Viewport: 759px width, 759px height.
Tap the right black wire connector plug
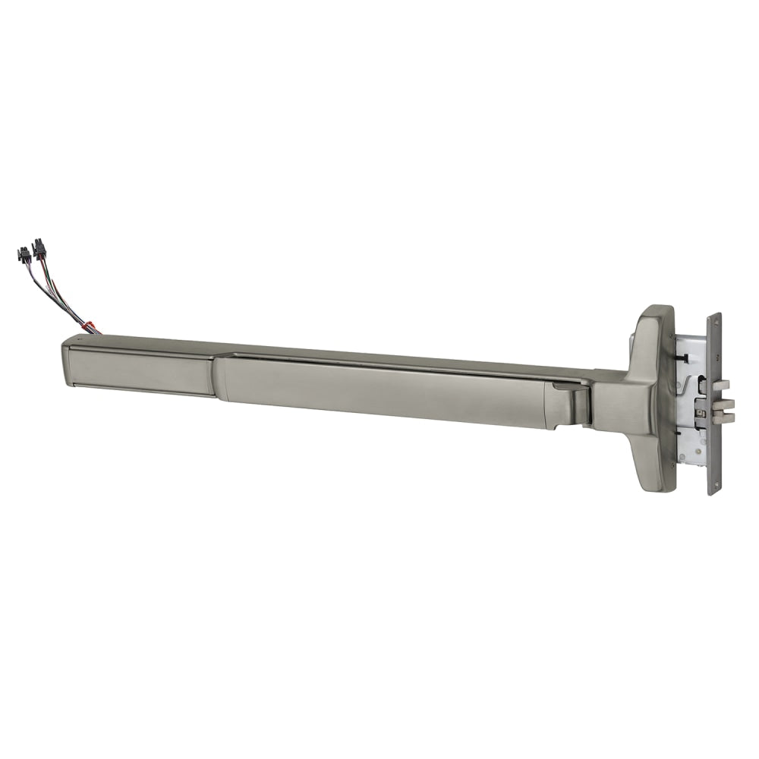[x=39, y=247]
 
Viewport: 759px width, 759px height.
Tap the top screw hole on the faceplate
[x=716, y=321]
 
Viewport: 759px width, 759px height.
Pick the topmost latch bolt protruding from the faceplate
[x=722, y=386]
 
